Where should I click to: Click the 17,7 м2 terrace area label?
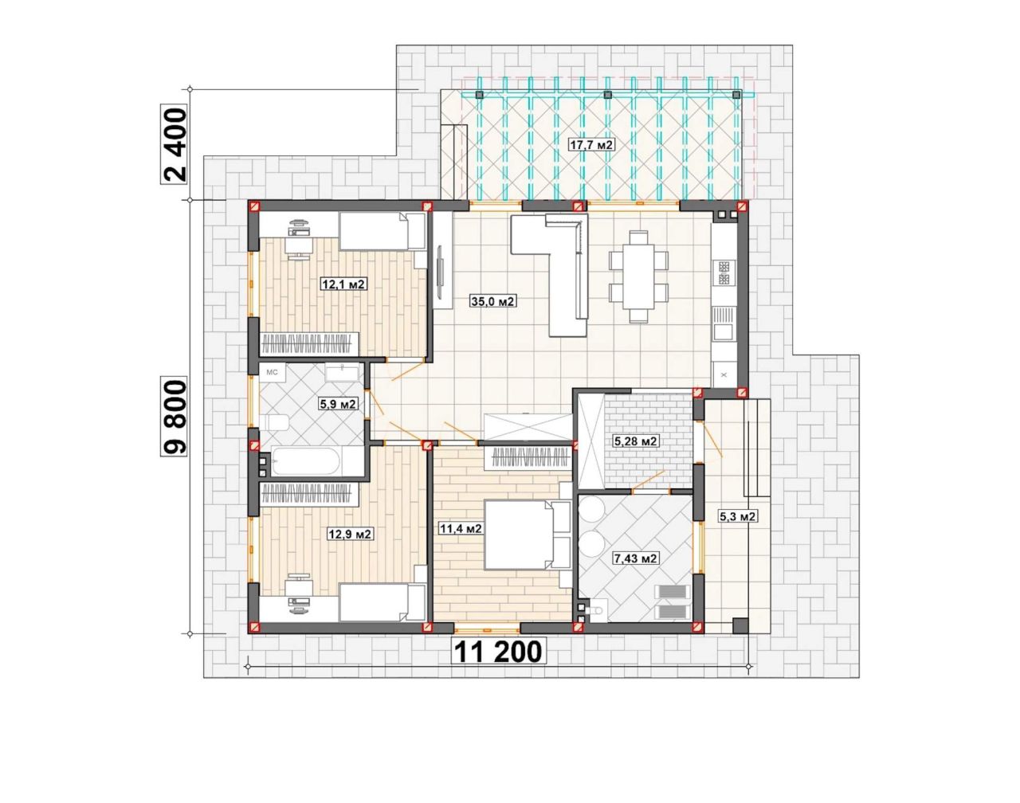pos(591,144)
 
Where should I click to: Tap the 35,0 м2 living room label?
pos(493,301)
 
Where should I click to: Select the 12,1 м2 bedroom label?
pos(344,284)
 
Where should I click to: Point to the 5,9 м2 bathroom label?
pos(339,404)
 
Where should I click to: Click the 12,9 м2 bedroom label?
pos(351,535)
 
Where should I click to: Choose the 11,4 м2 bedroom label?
pos(461,528)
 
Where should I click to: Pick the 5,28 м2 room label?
pos(636,441)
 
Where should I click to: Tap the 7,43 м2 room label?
pos(636,558)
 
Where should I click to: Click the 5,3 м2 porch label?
pos(737,516)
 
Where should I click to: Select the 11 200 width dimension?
pos(498,652)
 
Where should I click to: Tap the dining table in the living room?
pos(638,277)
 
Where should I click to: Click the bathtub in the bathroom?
pos(306,462)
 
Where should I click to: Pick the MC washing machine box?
pos(272,373)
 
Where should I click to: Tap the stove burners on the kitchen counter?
pos(724,273)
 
